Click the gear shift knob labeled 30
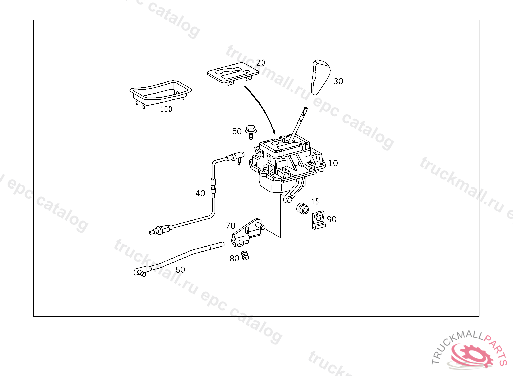pos(320,76)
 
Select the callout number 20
pos(260,63)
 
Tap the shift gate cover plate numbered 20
pos(233,71)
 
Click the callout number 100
pos(166,109)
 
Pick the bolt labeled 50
pos(250,132)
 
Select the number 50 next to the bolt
pos(236,131)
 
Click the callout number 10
pos(333,163)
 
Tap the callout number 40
pos(200,193)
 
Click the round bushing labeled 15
pos(302,208)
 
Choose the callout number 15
pos(315,201)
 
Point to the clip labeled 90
pos(317,219)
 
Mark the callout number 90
pos(332,219)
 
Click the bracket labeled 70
pos(246,231)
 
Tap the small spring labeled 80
pos(245,255)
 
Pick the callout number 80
pos(234,259)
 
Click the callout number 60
pos(180,269)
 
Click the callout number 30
pos(338,81)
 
